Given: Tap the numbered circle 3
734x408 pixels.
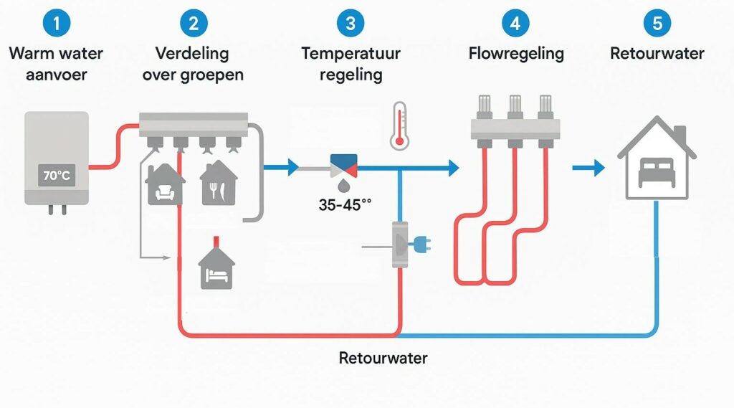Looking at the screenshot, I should [x=351, y=23].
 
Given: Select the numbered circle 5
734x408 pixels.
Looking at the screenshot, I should [x=657, y=23].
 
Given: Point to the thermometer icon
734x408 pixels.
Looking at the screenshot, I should [x=399, y=125].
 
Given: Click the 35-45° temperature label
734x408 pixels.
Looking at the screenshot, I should [x=345, y=205].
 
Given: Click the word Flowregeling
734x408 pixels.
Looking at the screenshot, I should [x=516, y=54].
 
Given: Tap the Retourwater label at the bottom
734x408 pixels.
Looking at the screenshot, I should [x=383, y=358].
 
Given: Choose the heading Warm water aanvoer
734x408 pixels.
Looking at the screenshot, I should [x=56, y=63].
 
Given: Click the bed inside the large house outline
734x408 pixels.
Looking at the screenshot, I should [x=656, y=171].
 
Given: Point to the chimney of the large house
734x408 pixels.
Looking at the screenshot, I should [x=680, y=133].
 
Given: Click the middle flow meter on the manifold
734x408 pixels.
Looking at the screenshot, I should [x=515, y=106].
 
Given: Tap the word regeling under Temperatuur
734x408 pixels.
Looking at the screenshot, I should [x=351, y=75].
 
